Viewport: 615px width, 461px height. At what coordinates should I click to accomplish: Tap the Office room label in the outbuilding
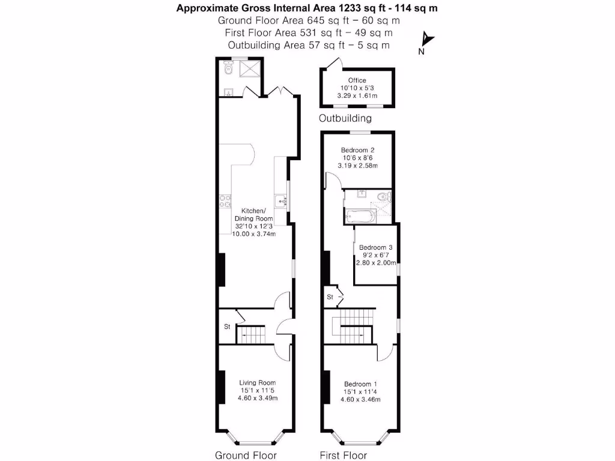click(357, 80)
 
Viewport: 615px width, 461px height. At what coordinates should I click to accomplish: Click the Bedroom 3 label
click(375, 247)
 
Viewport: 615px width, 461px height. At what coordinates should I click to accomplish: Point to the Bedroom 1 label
click(361, 384)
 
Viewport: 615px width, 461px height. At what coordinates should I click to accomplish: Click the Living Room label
click(257, 382)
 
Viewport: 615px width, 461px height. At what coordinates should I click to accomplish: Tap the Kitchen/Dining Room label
click(257, 215)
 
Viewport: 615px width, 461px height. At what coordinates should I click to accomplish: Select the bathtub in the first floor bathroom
click(358, 215)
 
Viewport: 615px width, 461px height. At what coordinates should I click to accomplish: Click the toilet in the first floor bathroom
click(382, 196)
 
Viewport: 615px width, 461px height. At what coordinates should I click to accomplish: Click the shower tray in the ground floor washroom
click(248, 70)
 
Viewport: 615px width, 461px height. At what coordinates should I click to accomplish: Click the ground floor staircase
click(251, 334)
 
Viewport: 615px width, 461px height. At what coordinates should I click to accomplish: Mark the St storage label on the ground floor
click(227, 327)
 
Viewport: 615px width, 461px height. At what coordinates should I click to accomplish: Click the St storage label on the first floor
click(330, 297)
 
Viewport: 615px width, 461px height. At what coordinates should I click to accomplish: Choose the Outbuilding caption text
click(345, 118)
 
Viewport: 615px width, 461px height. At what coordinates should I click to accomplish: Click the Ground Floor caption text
click(245, 455)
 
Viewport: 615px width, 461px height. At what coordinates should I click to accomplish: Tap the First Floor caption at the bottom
click(343, 455)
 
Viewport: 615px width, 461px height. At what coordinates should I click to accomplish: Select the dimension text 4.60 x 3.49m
click(257, 398)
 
